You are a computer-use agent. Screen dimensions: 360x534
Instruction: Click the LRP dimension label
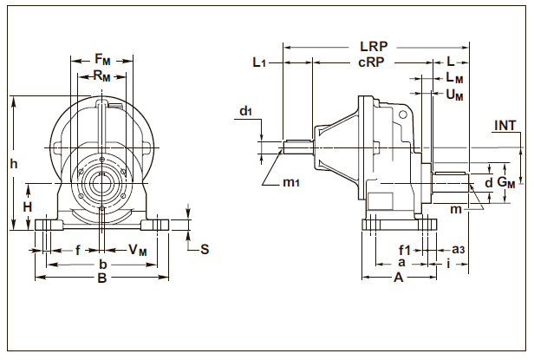pyautogui.click(x=374, y=45)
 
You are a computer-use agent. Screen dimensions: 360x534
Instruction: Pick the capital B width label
pyautogui.click(x=101, y=279)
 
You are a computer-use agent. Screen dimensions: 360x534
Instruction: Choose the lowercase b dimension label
pyautogui.click(x=102, y=264)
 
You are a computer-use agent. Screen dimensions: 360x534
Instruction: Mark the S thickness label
pyautogui.click(x=205, y=250)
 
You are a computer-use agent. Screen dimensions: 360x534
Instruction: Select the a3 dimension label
pyautogui.click(x=459, y=250)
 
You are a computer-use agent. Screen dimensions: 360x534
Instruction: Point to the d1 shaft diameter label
pyautogui.click(x=246, y=111)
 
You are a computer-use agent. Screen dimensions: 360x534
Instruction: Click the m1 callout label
pyautogui.click(x=292, y=183)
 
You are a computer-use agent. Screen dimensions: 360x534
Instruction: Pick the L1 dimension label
pyautogui.click(x=259, y=62)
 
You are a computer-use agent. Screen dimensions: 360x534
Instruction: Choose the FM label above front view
pyautogui.click(x=102, y=59)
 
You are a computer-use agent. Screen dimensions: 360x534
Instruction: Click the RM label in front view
pyautogui.click(x=102, y=75)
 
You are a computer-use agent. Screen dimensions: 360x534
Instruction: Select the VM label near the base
pyautogui.click(x=138, y=250)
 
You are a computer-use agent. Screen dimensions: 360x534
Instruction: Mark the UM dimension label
pyautogui.click(x=454, y=95)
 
